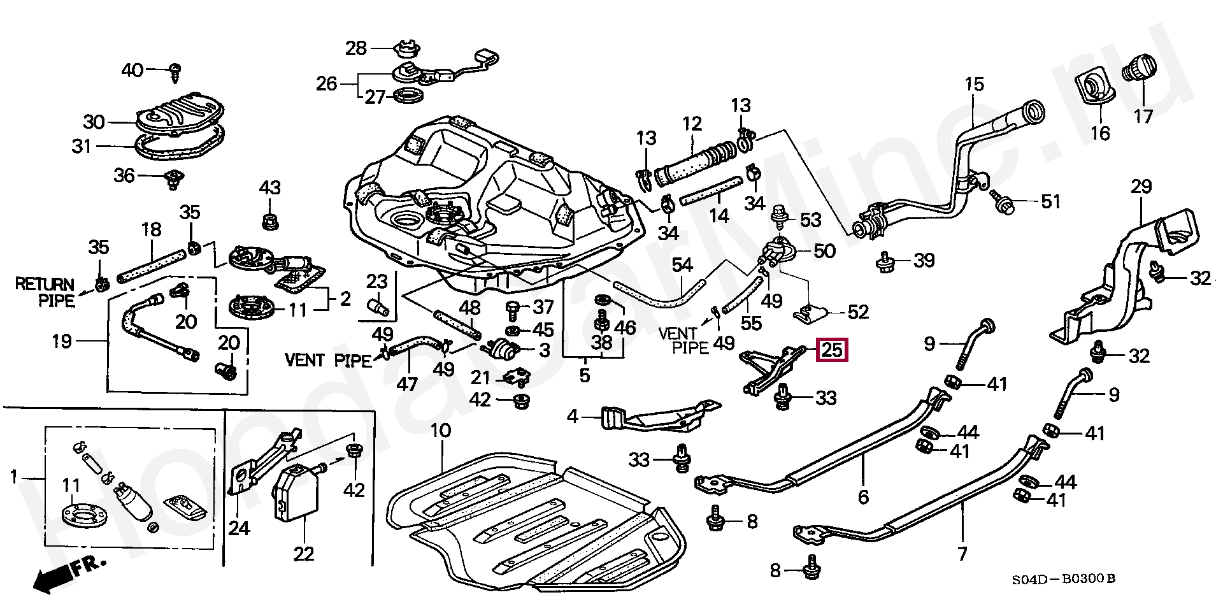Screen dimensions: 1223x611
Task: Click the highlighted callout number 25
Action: [832, 350]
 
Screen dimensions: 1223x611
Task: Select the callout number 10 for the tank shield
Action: [441, 431]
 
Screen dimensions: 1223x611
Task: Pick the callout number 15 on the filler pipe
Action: [975, 84]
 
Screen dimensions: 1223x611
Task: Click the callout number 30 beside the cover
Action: [94, 121]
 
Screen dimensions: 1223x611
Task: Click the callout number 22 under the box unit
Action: [304, 554]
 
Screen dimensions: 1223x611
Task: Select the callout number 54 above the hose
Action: [682, 265]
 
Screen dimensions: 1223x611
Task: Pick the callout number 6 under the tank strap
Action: [863, 496]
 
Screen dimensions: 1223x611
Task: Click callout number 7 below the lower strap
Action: [962, 553]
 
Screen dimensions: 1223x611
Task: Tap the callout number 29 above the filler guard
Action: [1141, 187]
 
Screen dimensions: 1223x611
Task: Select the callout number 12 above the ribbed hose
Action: [692, 123]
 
